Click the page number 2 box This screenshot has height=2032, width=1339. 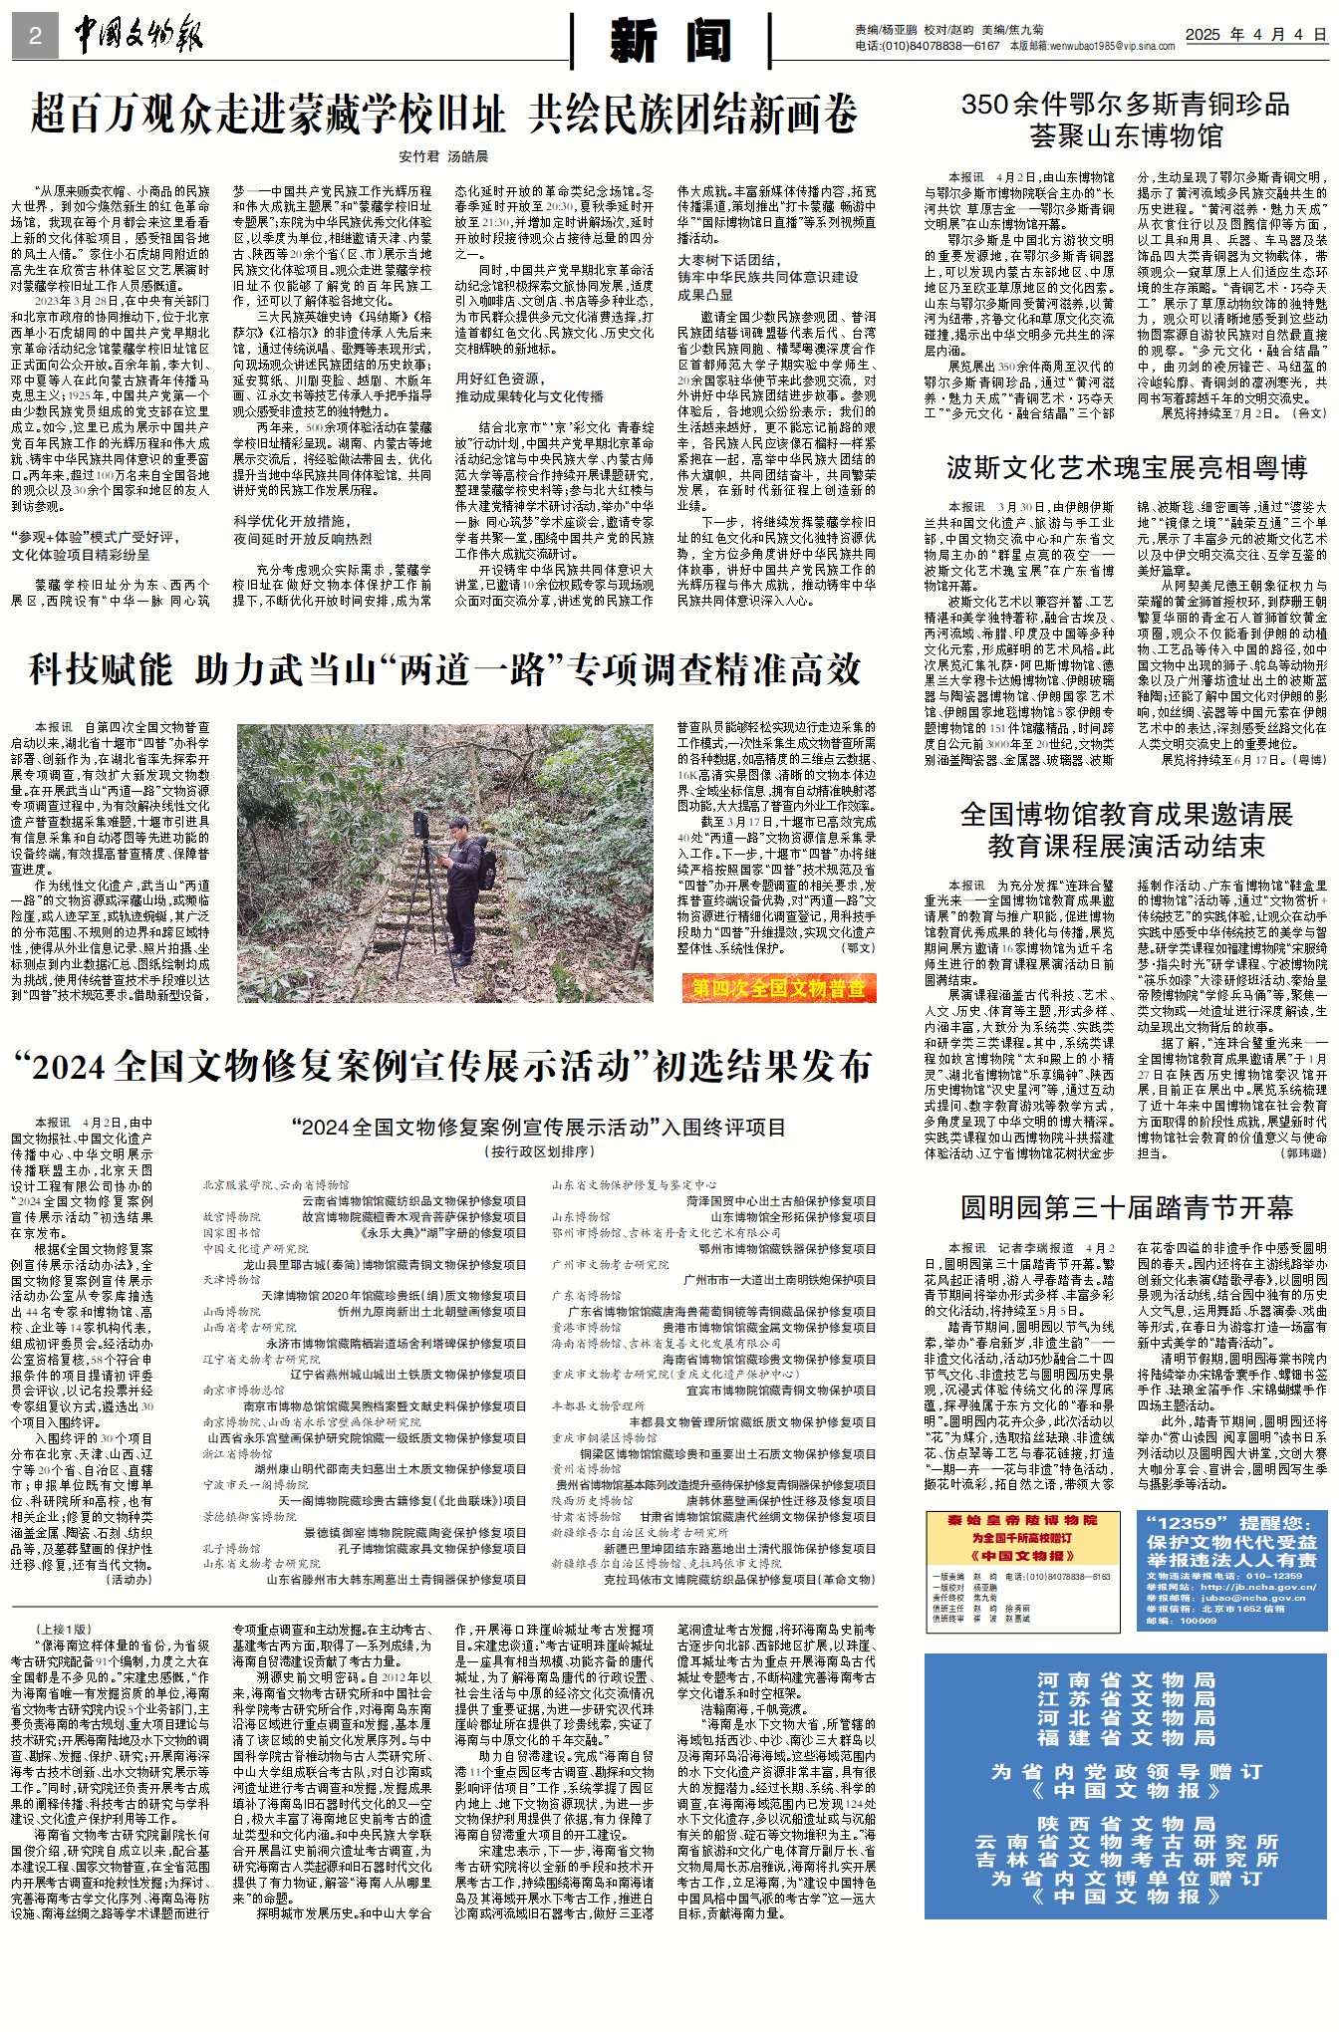[x=35, y=37]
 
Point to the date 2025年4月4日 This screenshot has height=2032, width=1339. [x=1255, y=35]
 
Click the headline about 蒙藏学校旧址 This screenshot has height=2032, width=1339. [x=443, y=114]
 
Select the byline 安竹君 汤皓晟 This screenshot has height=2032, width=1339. [x=443, y=156]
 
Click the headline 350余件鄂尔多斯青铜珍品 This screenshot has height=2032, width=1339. [x=1125, y=105]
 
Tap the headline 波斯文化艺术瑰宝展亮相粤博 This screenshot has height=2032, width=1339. [x=1126, y=468]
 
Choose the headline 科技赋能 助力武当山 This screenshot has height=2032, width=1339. [x=444, y=669]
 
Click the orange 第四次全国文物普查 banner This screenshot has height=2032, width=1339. [x=778, y=988]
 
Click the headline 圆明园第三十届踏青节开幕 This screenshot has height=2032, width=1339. [x=1126, y=1208]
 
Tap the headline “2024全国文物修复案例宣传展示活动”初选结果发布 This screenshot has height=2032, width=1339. [x=443, y=1067]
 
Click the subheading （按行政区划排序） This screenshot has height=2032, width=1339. [x=539, y=1151]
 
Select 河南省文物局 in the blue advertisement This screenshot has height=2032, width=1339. [x=1125, y=1680]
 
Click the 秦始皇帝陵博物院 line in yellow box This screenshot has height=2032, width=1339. [x=1022, y=1521]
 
